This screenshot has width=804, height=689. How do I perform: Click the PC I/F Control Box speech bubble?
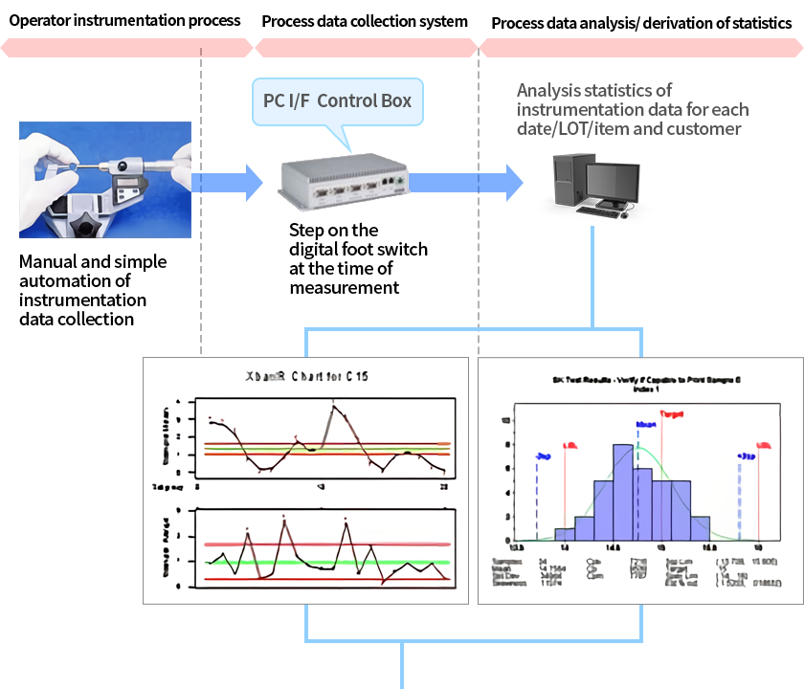pos(337,100)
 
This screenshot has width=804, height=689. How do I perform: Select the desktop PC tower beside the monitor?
pos(564,186)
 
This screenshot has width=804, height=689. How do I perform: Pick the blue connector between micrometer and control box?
pos(228,182)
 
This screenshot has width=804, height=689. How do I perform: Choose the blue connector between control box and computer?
pos(470,182)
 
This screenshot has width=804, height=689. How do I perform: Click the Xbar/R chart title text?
pos(306,376)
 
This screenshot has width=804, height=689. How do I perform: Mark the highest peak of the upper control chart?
pos(334,407)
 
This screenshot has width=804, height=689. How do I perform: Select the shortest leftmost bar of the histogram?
pos(565,534)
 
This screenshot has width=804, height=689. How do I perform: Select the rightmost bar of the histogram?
pos(701,528)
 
